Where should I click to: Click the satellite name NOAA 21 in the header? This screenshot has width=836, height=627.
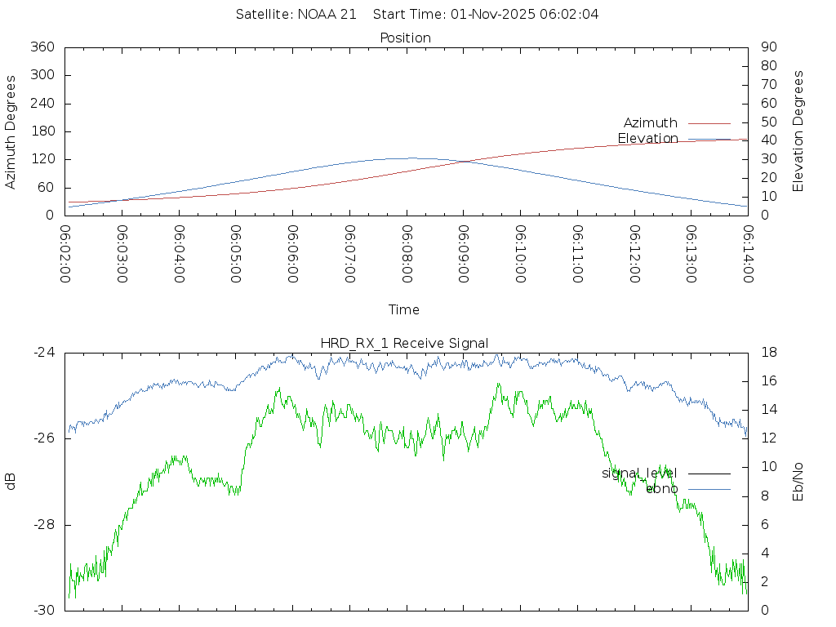point(330,14)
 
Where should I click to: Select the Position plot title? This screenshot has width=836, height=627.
point(406,38)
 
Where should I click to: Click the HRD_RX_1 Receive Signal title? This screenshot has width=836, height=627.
point(406,343)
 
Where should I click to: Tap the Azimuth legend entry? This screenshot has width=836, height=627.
point(651,122)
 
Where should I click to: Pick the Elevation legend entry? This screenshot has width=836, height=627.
point(647,138)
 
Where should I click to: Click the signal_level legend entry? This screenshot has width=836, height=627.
point(639,473)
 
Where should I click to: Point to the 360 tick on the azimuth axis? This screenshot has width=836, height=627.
point(42,47)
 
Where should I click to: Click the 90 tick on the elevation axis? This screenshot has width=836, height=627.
point(767,47)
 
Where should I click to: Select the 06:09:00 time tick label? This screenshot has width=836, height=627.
point(464,254)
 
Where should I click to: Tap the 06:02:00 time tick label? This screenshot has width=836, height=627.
point(65,254)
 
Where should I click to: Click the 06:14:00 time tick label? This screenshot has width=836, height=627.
point(748,254)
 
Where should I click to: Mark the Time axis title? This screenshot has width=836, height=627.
point(404,309)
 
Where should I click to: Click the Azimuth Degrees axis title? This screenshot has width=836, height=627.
point(11,131)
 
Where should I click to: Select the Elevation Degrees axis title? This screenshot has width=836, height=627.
point(798,131)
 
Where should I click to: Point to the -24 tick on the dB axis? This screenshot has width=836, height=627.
point(44,353)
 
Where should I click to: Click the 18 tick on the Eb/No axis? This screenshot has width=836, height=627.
point(767,353)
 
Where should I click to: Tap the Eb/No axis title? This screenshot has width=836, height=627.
point(798,482)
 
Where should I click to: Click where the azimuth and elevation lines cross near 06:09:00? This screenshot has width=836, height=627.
point(463,162)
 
